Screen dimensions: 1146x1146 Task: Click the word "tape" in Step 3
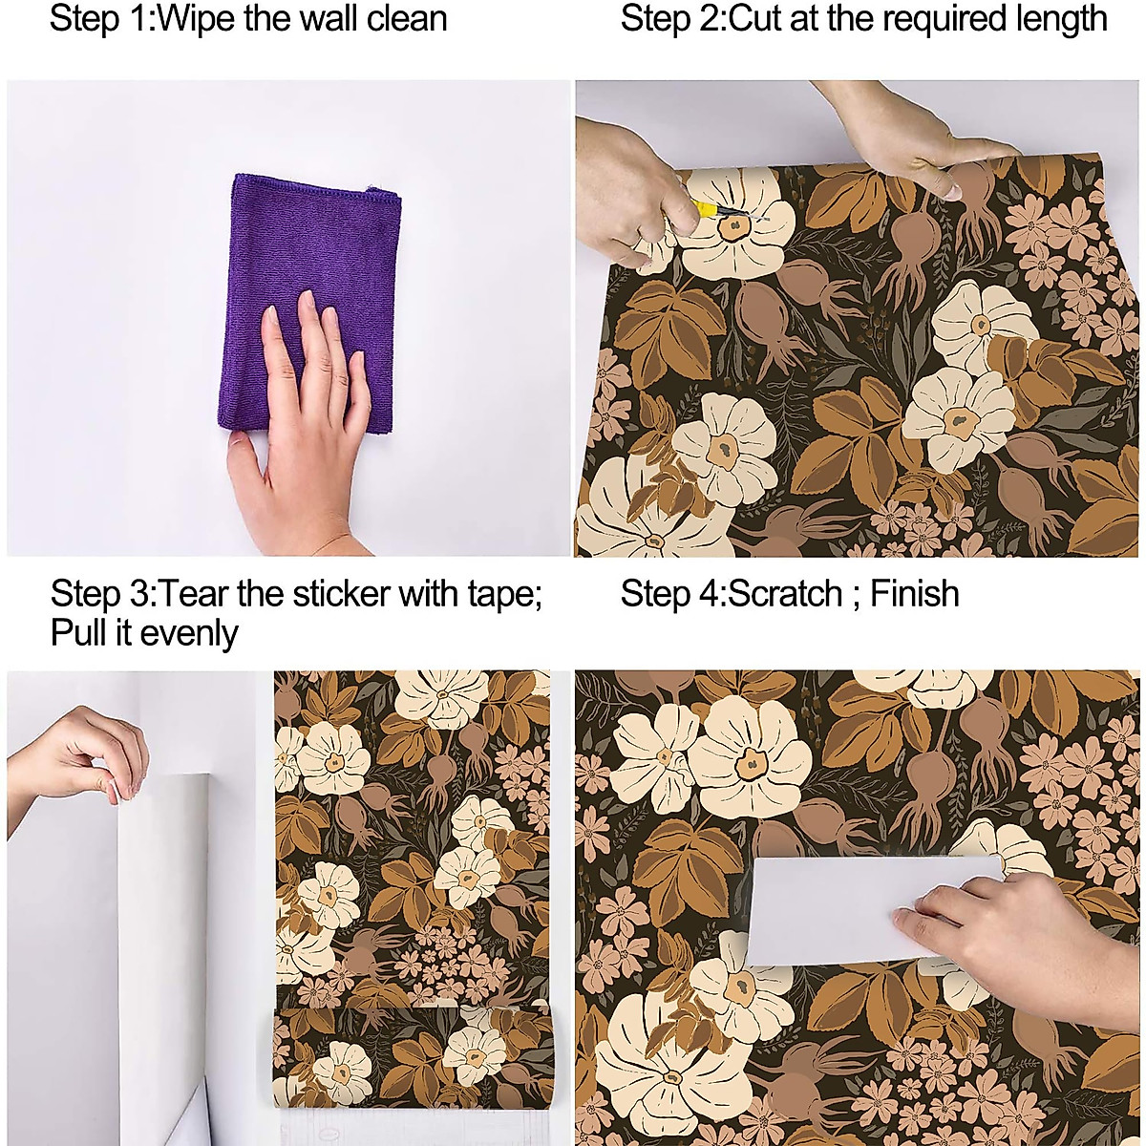497,594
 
